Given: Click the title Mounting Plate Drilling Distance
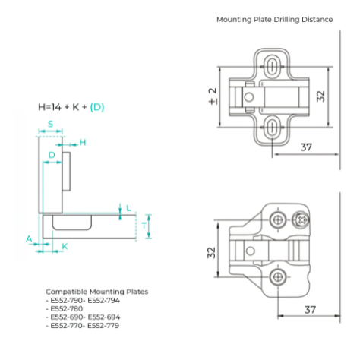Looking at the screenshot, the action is [x=274, y=20].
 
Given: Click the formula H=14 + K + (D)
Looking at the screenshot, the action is [x=71, y=107].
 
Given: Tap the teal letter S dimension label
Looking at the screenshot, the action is [x=50, y=124].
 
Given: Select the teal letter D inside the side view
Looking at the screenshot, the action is [x=52, y=155].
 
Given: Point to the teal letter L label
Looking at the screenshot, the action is [x=128, y=208].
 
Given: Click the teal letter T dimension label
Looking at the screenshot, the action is [x=144, y=226].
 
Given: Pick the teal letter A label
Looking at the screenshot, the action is [x=30, y=238].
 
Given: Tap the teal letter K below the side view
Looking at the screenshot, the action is [x=65, y=246].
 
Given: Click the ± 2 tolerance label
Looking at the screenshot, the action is [x=213, y=96].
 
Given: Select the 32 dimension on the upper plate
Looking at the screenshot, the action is [x=320, y=96].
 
